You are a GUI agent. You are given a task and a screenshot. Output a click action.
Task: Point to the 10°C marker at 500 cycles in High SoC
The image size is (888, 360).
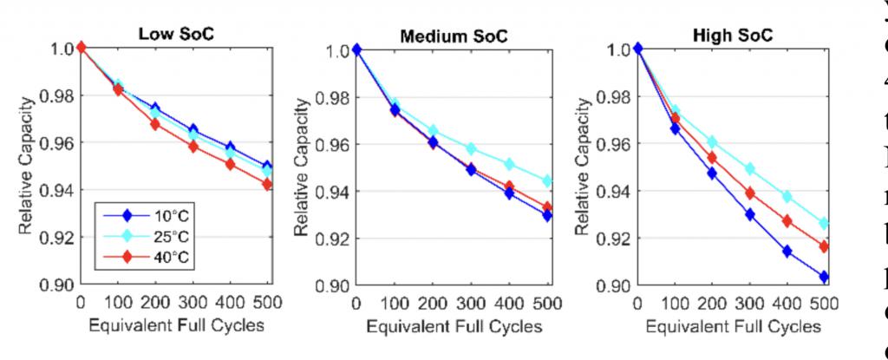coord(823,278)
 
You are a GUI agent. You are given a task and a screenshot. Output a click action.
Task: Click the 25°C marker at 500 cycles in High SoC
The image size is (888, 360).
coord(823,224)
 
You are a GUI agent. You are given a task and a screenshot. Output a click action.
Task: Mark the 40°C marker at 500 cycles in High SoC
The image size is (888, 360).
coord(823,247)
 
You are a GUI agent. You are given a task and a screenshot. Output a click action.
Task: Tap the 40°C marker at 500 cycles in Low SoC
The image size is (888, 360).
coord(267,185)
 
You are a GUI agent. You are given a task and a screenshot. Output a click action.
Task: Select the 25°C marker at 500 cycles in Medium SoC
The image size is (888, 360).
coord(547,181)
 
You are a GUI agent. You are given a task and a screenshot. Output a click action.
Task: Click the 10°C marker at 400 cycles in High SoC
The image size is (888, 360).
coord(787,252)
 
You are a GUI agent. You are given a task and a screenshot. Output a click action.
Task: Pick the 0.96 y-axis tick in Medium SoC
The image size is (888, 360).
coord(330,144)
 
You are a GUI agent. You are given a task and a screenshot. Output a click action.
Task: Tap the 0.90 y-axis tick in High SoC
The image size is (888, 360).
coord(612,285)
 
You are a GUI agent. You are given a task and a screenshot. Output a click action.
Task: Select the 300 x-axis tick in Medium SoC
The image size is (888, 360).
coord(470,303)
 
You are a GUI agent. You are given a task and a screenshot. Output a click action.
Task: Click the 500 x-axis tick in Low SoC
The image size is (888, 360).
coord(267,303)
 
